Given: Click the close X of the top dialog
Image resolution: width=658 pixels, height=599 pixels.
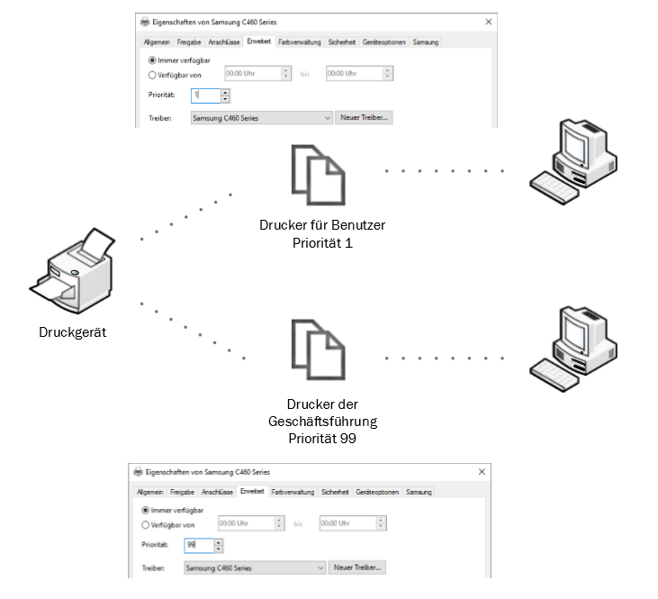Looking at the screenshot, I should pyautogui.click(x=489, y=22).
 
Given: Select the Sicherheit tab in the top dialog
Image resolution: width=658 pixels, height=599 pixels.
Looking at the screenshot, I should pyautogui.click(x=341, y=41).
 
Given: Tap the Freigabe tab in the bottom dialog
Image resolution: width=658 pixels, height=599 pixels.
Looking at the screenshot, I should pyautogui.click(x=182, y=492).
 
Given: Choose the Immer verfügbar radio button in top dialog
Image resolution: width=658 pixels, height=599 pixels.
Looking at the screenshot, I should pyautogui.click(x=152, y=59).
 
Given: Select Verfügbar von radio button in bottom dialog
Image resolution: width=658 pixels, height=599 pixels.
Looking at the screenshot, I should pyautogui.click(x=146, y=524).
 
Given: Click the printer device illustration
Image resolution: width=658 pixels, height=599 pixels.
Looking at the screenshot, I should pyautogui.click(x=76, y=271).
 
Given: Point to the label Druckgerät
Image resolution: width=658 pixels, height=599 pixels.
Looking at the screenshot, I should pyautogui.click(x=74, y=331).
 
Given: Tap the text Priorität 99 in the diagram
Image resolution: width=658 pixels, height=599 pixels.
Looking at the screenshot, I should pyautogui.click(x=322, y=438).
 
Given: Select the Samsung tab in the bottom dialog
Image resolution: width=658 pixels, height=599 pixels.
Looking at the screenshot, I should pyautogui.click(x=419, y=492).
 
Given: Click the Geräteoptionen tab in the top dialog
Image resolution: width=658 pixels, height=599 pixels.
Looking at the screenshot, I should pyautogui.click(x=384, y=41).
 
